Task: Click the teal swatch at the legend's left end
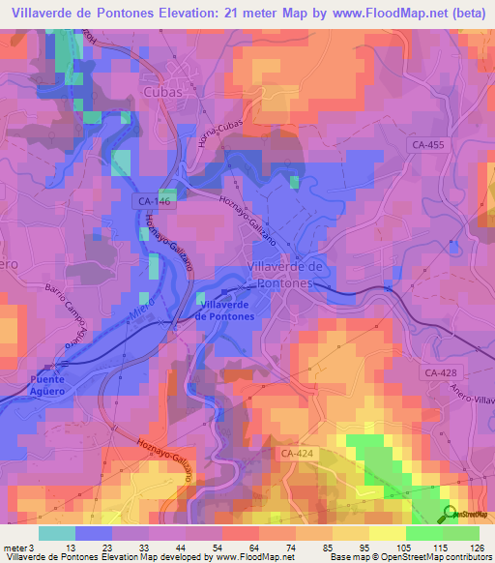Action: [x=57, y=533]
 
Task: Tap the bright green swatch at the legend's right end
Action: [x=460, y=533]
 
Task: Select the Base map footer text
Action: [x=344, y=556]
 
